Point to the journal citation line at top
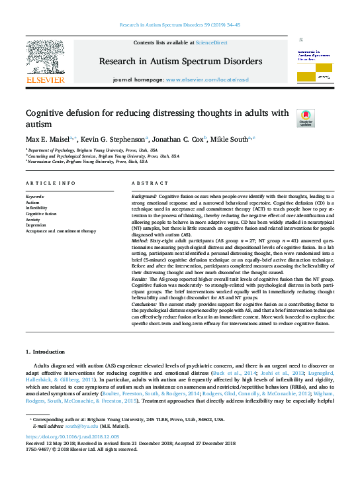click(x=180, y=25)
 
